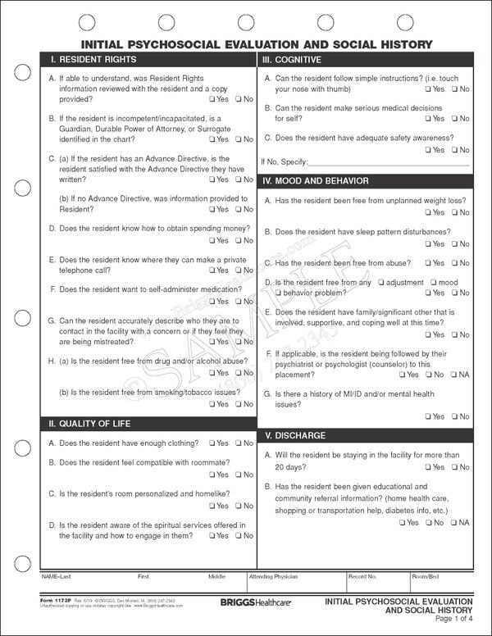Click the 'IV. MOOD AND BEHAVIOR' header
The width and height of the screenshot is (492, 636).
point(315,180)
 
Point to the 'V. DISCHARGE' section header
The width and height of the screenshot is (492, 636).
point(292,434)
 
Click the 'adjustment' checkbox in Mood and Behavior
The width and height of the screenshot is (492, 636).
point(379,283)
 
